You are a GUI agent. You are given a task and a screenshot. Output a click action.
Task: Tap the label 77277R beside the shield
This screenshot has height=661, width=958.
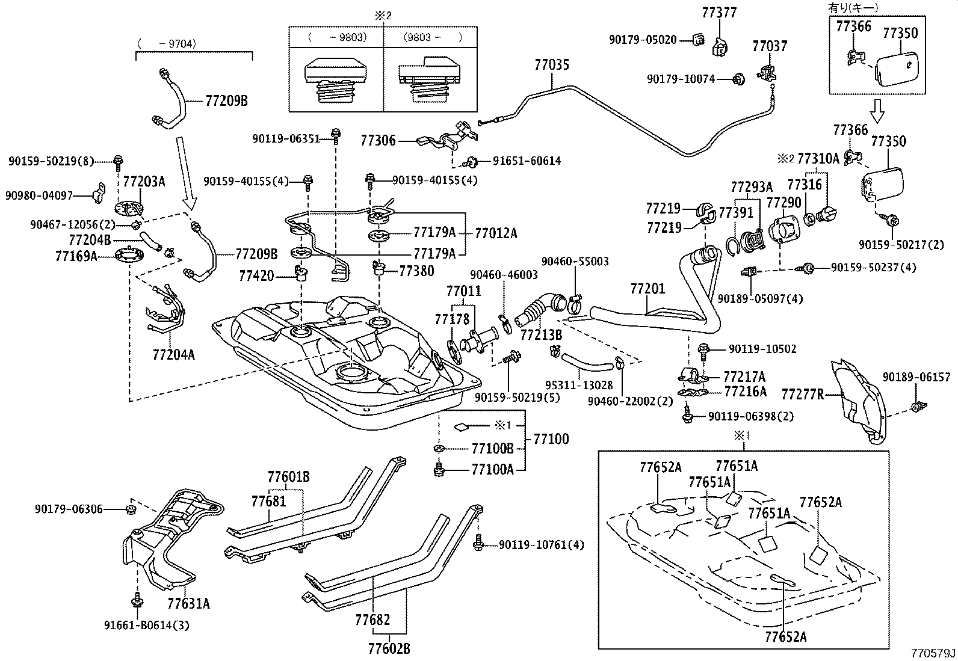coord(802,395)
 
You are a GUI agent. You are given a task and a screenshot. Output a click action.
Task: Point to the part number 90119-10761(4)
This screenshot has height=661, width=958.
coord(541,546)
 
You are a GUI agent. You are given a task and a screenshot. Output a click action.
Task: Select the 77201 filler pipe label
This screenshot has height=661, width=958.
coord(647,289)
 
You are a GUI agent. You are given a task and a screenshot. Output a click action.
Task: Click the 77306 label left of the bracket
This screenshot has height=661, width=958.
coord(378,141)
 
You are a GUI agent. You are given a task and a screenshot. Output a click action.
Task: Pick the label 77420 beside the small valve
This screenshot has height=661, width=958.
coord(256,276)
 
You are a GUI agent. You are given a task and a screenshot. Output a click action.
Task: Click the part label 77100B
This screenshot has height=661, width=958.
coord(492,449)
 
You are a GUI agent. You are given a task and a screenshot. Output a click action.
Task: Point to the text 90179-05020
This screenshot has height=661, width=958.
coord(643,40)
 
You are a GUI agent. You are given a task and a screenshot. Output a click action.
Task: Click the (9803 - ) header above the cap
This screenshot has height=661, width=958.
coord(432,37)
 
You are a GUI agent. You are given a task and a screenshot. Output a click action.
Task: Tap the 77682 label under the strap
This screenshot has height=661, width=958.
coord(372,619)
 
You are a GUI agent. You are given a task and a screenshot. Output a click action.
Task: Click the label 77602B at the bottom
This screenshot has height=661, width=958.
coord(389,648)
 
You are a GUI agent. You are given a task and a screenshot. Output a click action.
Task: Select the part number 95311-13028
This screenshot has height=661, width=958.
coord(578,385)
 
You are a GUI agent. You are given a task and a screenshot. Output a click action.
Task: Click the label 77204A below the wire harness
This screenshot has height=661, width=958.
coord(173,355)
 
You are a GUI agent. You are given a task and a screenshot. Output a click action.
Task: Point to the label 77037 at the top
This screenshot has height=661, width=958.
coord(770,46)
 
